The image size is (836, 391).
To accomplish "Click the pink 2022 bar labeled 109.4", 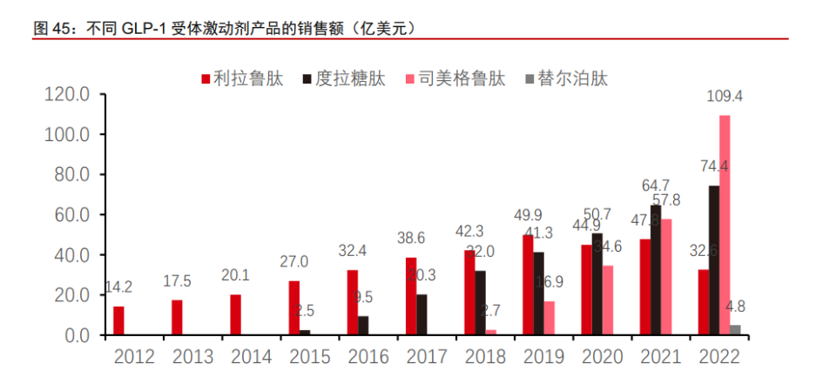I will click(725, 225).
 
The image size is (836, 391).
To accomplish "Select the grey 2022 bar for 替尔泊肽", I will click(736, 330).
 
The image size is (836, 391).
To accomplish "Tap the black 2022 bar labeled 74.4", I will click(713, 260).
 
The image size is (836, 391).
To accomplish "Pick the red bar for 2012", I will click(118, 320).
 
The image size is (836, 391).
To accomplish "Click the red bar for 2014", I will click(236, 314).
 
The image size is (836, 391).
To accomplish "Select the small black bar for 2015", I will click(305, 333).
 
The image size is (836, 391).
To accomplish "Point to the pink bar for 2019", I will click(549, 318).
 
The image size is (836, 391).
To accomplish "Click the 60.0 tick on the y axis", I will click(71, 215).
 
